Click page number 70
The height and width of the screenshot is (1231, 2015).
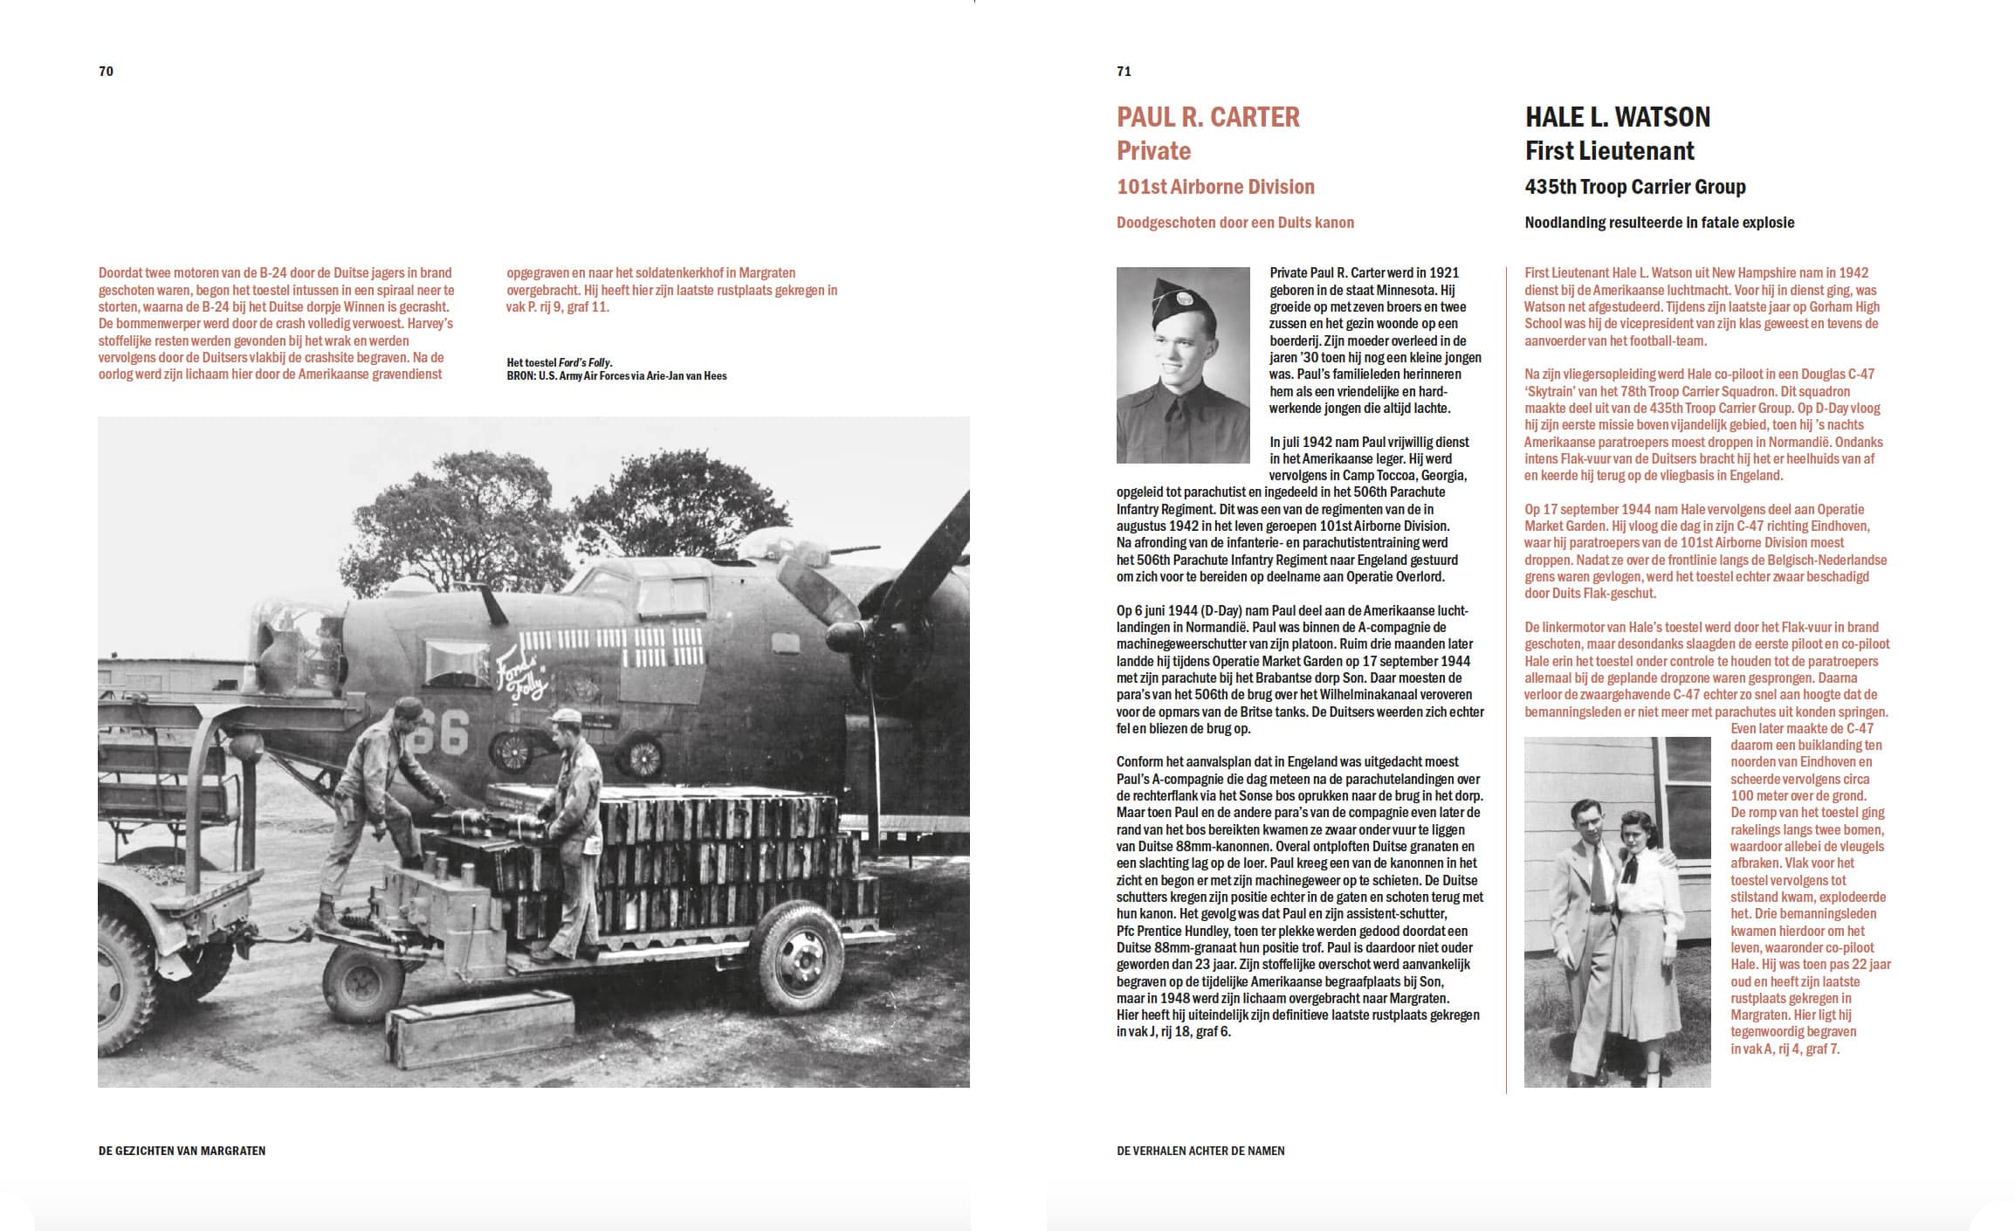pos(107,72)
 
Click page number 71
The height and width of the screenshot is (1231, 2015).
pos(1124,72)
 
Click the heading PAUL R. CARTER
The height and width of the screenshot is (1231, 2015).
pos(1207,117)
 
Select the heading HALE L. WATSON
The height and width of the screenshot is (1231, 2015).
pos(1617,117)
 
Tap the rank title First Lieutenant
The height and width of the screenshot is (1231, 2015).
pos(1609,151)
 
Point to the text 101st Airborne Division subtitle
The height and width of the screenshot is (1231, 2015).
pos(1215,187)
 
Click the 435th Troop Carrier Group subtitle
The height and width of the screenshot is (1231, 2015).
pos(1634,187)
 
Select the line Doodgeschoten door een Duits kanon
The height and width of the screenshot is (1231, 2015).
pos(1234,223)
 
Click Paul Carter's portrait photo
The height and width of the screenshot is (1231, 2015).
pos(1182,365)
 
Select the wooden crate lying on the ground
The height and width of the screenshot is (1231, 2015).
pos(480,1017)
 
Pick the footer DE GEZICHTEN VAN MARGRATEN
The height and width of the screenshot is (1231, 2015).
pos(182,1151)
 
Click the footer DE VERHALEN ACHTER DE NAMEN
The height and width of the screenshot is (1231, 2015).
pos(1200,1151)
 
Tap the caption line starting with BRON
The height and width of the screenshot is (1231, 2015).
pos(616,376)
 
